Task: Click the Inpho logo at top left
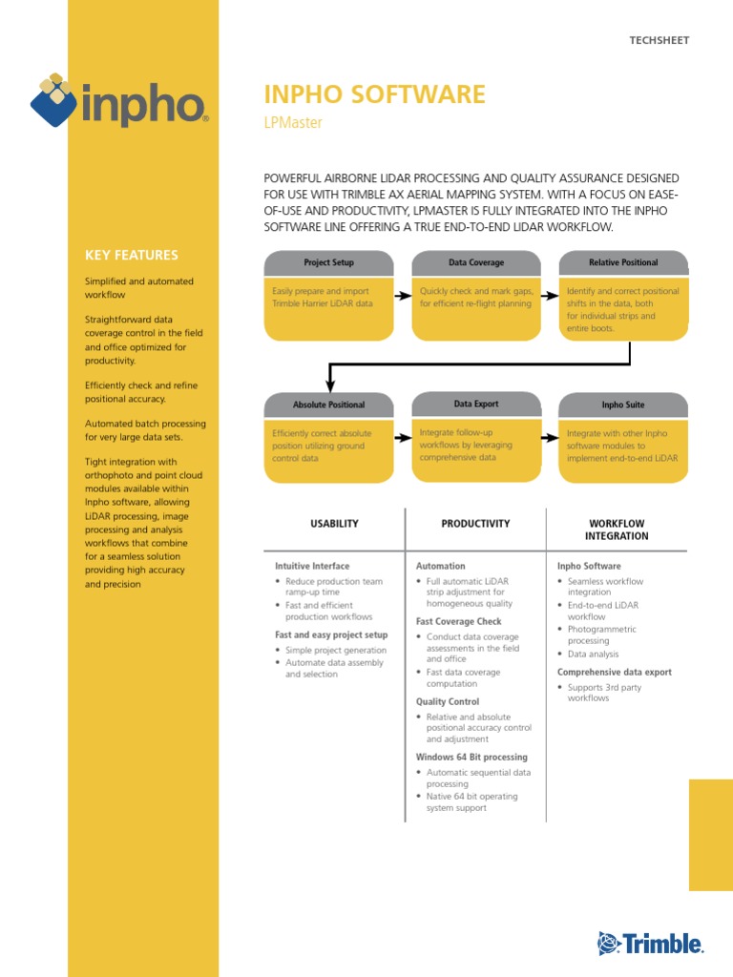119,100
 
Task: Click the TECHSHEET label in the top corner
659,40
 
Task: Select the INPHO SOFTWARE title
374,94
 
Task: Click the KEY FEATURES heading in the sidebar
132,255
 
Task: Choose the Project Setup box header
328,262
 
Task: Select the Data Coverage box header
476,262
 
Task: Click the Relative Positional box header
622,262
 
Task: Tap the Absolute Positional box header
328,405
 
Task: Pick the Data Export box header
476,404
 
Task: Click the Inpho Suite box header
622,405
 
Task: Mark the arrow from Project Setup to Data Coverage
403,296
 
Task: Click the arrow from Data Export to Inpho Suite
550,438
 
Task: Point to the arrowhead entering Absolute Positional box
328,384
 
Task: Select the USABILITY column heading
334,524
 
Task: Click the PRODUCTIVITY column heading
475,524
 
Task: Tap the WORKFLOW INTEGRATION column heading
617,530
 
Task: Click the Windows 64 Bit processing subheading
471,758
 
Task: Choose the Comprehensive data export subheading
615,673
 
